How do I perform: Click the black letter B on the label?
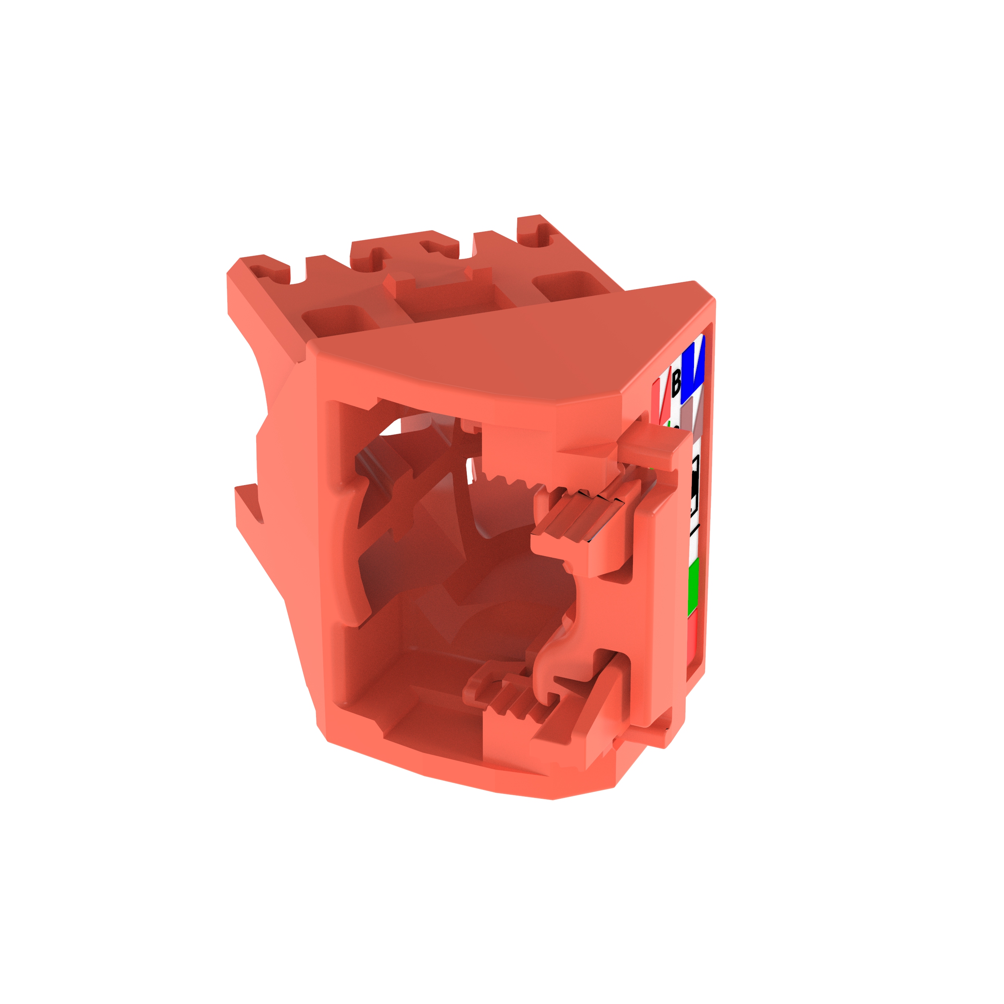[675, 382]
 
